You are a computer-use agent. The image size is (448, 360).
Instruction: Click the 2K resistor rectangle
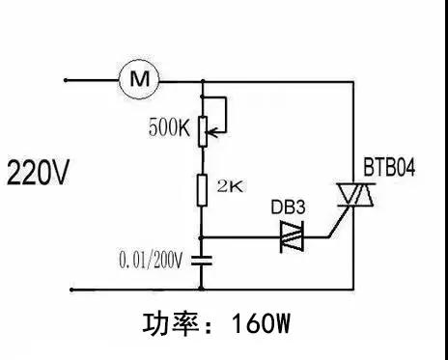tap(202, 188)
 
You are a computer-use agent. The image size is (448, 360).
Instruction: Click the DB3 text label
tap(290, 208)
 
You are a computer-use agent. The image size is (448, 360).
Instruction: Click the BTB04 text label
tap(389, 169)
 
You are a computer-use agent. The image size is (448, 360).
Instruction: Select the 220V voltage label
tap(39, 175)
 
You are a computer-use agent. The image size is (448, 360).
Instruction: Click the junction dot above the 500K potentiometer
tap(202, 81)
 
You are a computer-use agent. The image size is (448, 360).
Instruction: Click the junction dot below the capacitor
tap(202, 287)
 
